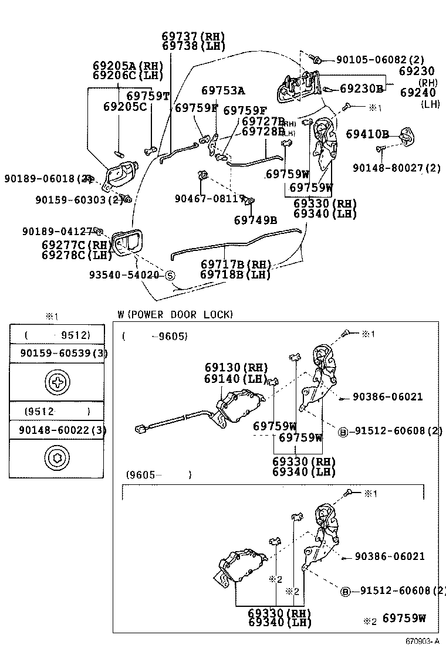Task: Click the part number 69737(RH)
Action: click(x=193, y=36)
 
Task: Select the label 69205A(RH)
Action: click(x=128, y=66)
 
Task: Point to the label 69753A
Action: click(x=223, y=91)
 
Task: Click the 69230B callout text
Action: click(x=361, y=89)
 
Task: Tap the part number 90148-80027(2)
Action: click(x=397, y=168)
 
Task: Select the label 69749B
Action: click(x=255, y=220)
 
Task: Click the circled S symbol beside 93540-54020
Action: click(x=169, y=275)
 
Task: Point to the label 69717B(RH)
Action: click(x=235, y=264)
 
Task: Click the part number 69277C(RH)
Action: click(x=76, y=244)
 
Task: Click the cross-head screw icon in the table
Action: click(x=58, y=383)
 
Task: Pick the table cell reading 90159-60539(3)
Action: click(x=58, y=353)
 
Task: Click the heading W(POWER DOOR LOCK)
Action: click(x=175, y=315)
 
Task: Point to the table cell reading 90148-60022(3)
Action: click(x=58, y=430)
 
